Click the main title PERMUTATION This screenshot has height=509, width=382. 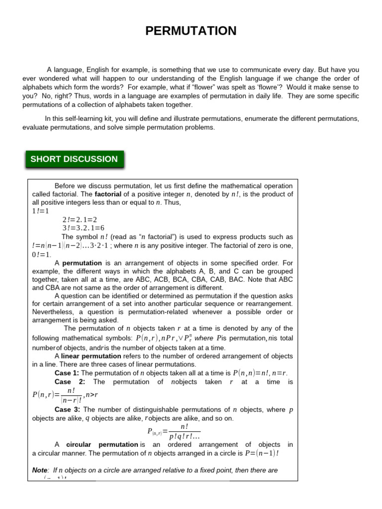pyautogui.click(x=191, y=31)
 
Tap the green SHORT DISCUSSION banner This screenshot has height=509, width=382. pyautogui.click(x=74, y=159)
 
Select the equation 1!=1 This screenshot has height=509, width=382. pyautogui.click(x=41, y=211)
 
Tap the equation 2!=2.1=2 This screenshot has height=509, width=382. pyautogui.click(x=80, y=220)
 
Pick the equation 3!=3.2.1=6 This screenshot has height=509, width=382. pyautogui.click(x=83, y=228)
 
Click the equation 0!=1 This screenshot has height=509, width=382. pyautogui.click(x=42, y=254)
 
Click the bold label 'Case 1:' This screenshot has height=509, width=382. pyautogui.click(x=67, y=373)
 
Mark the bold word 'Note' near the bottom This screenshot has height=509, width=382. pyautogui.click(x=40, y=470)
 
